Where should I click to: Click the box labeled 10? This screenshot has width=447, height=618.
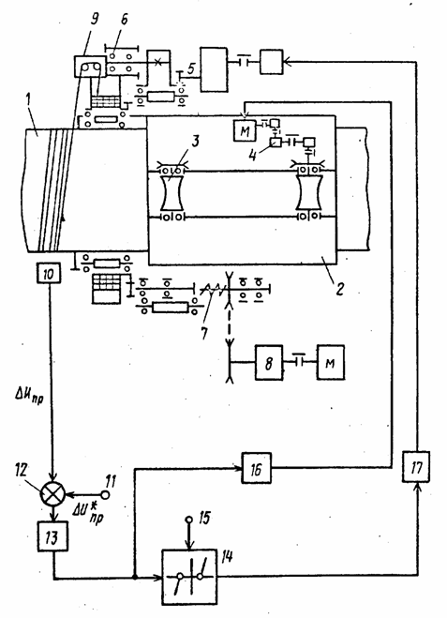click(x=49, y=273)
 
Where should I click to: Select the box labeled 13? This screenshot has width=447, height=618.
click(x=52, y=536)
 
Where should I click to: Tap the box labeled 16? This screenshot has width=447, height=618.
click(x=257, y=468)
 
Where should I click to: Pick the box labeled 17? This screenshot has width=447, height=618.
click(x=416, y=467)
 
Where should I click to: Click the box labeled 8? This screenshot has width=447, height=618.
click(x=269, y=362)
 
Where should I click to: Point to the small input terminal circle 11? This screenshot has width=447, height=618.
click(x=106, y=494)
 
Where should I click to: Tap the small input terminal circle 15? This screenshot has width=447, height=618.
click(x=189, y=520)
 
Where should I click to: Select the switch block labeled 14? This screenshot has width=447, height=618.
click(x=189, y=577)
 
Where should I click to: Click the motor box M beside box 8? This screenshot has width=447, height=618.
click(x=331, y=362)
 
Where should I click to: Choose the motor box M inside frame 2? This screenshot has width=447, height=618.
click(x=245, y=131)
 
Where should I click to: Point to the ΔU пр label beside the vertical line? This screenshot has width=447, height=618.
click(x=30, y=396)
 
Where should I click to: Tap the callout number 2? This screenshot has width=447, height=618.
click(x=340, y=289)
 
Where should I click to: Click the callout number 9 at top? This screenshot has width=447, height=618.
click(x=95, y=19)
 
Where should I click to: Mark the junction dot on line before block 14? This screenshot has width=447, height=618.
click(x=135, y=578)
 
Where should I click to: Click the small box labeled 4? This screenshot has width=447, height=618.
click(x=276, y=142)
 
